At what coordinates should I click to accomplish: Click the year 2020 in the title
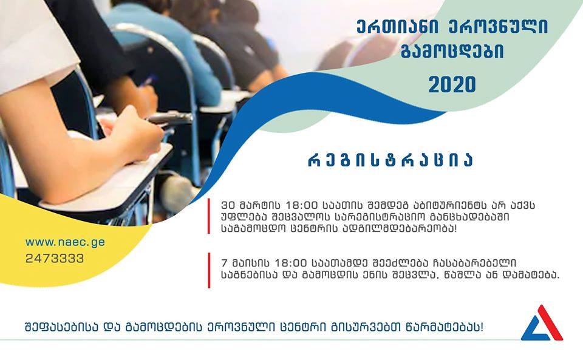click(452, 85)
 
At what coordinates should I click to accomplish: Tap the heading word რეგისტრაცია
click(390, 160)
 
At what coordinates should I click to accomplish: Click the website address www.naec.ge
click(65, 243)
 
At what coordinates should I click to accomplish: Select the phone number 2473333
click(55, 258)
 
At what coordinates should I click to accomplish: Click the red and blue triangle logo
click(542, 323)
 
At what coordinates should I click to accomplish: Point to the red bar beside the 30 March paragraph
click(209, 216)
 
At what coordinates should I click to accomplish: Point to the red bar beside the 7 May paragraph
click(209, 270)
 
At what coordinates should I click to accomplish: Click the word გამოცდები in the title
click(452, 52)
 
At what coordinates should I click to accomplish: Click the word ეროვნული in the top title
click(498, 27)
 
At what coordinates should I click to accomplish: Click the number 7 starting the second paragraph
click(224, 263)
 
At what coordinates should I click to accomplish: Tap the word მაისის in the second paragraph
click(250, 263)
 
